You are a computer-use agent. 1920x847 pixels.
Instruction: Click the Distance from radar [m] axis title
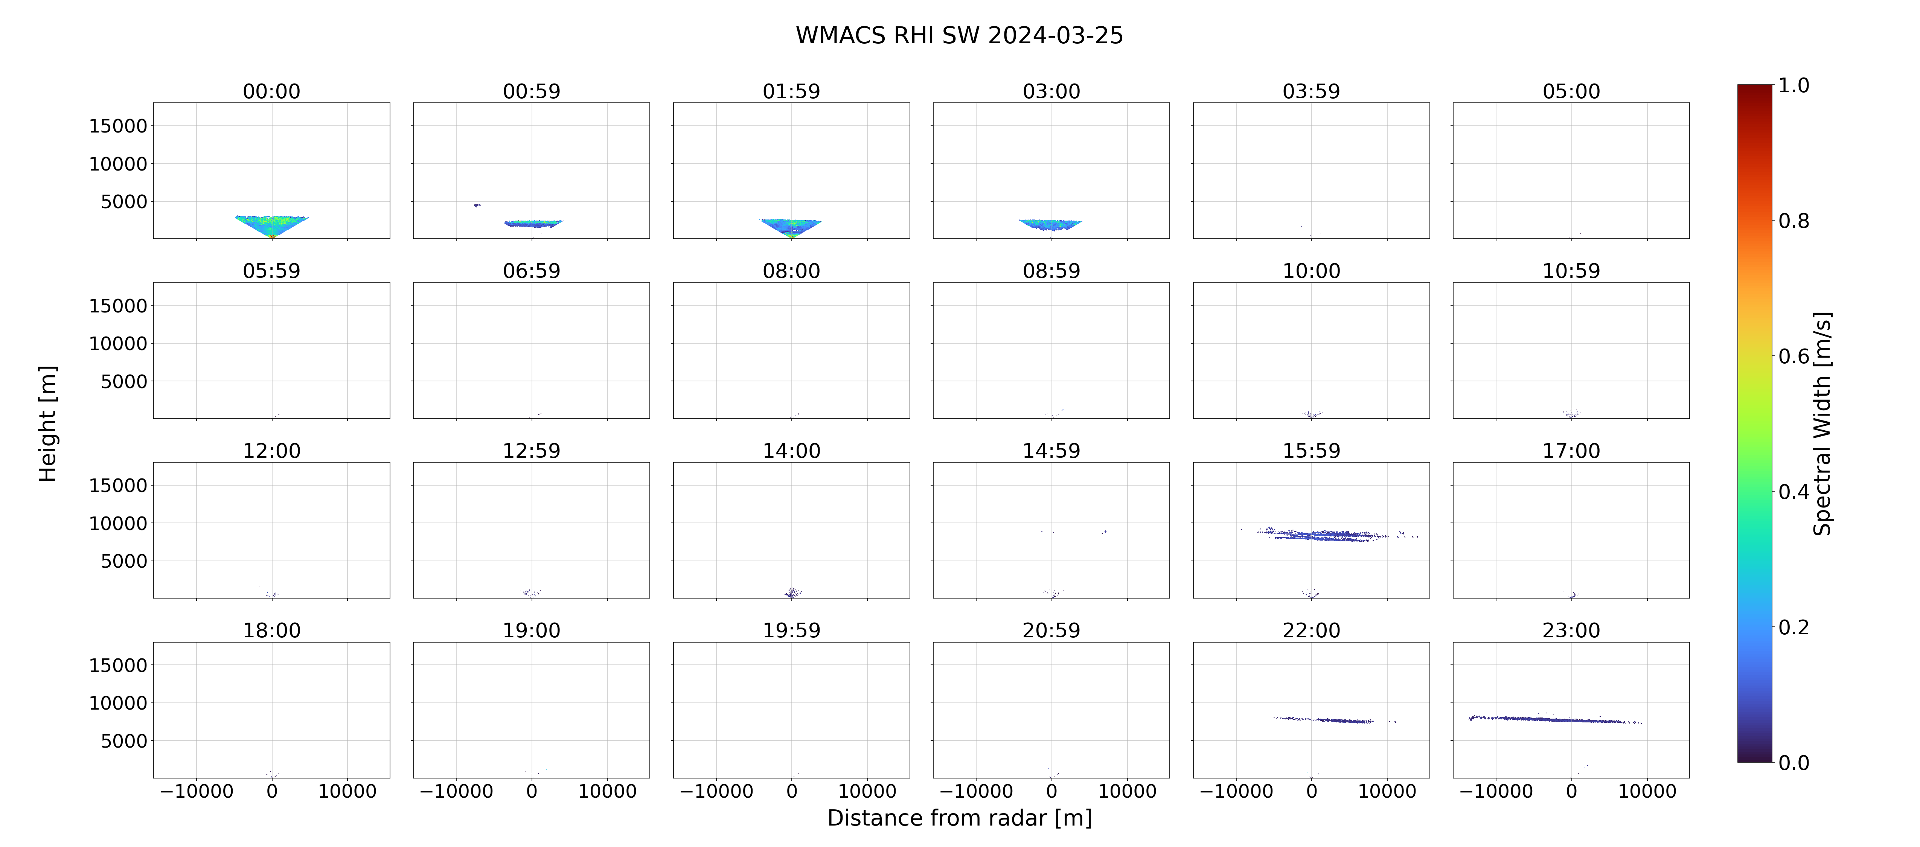point(959,818)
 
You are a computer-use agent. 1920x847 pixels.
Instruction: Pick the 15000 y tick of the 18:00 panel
point(118,665)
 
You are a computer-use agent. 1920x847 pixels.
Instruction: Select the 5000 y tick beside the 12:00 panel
point(124,561)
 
